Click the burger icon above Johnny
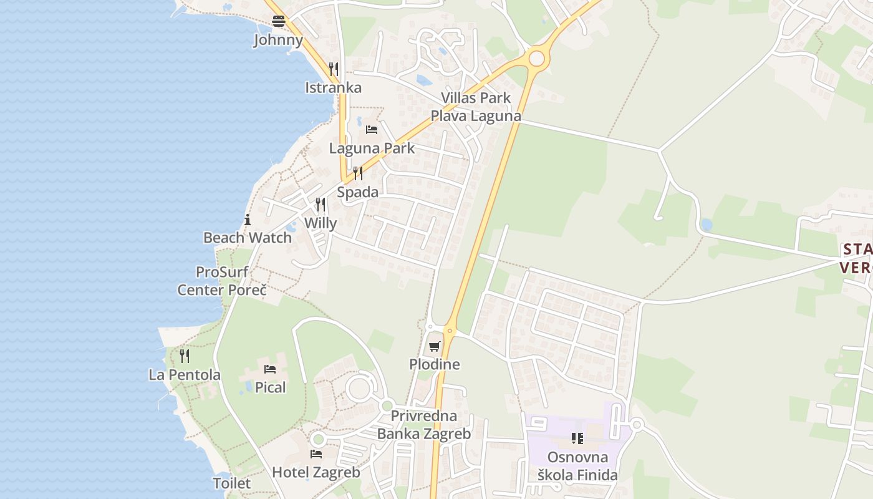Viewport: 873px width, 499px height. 278,21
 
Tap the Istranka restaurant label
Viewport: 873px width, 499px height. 333,87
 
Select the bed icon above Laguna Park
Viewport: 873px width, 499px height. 372,130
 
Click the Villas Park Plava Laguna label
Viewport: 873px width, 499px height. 476,107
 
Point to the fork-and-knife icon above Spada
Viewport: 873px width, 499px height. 357,173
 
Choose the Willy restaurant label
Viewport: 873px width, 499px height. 321,223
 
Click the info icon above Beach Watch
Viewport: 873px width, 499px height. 248,220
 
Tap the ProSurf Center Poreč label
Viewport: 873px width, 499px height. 222,281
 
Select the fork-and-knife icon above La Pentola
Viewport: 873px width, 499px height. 185,356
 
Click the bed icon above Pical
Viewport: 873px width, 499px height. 270,369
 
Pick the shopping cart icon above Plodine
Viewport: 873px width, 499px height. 435,346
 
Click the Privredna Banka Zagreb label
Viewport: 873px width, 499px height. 424,424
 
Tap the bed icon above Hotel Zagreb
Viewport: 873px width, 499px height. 316,454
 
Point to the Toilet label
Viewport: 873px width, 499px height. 232,483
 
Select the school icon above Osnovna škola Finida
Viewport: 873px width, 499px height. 577,438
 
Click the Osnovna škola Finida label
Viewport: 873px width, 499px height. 577,466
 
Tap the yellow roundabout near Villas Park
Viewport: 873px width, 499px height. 536,59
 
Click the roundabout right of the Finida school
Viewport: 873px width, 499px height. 637,425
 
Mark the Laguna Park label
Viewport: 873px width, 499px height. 372,148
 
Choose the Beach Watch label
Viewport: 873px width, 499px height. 248,238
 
